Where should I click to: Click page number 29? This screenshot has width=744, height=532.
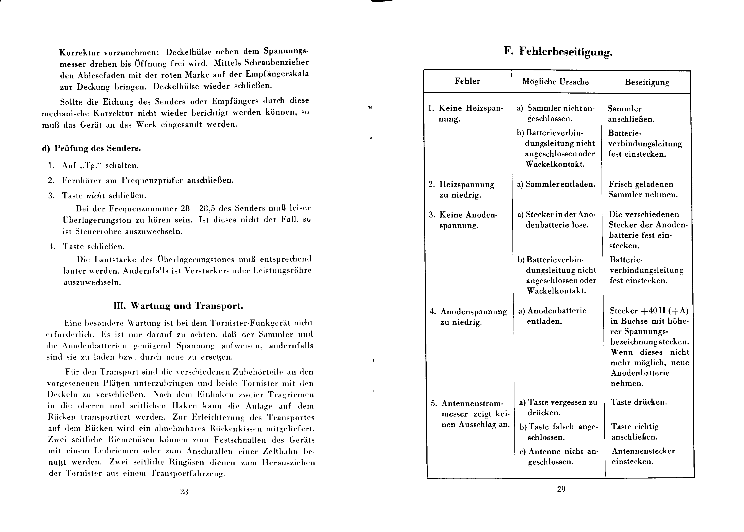[x=561, y=489]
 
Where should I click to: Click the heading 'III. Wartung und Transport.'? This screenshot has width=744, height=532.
[x=178, y=306]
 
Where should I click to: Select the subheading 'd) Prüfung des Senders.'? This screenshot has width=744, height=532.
[x=91, y=148]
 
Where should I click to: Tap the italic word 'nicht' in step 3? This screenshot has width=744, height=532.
[x=95, y=196]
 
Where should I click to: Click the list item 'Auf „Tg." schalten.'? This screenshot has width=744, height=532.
[x=100, y=165]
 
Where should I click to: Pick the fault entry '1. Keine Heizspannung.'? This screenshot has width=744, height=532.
[x=465, y=113]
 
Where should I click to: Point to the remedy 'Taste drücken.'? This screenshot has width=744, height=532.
[x=638, y=402]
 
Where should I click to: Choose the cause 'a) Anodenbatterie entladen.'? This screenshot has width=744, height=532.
[x=552, y=316]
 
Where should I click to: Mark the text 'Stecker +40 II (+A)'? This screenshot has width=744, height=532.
[x=649, y=311]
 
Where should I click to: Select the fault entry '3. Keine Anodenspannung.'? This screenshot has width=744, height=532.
[x=463, y=220]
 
